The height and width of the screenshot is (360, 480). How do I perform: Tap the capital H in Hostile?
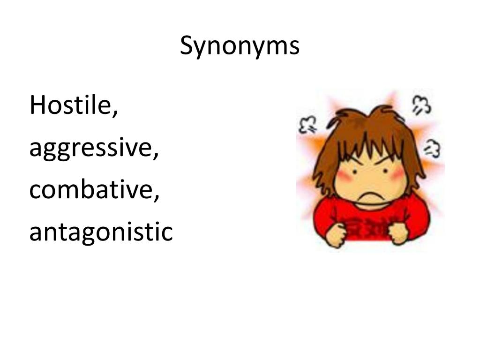coord(37,105)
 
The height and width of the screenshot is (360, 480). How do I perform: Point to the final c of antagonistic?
coord(167,233)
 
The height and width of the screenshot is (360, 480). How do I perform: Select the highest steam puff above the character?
coord(421,105)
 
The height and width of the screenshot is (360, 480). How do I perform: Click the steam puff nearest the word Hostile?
coord(307,124)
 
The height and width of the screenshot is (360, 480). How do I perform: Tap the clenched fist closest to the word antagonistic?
coord(336,234)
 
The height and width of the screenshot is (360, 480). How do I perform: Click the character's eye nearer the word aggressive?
coord(354,171)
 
